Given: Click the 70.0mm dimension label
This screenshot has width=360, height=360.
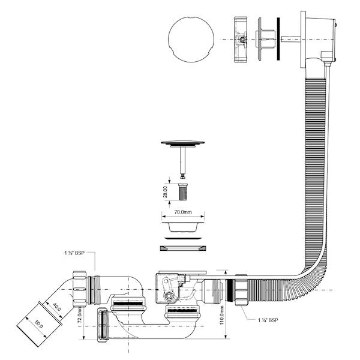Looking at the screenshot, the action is [x=183, y=212].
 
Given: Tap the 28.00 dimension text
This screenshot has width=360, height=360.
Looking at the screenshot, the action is [x=166, y=192].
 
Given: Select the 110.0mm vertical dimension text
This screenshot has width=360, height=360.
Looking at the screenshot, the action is [x=222, y=315].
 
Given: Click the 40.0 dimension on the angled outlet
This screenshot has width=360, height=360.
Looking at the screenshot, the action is [x=57, y=307].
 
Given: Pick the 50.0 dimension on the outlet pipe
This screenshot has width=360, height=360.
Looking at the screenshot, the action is [x=38, y=324].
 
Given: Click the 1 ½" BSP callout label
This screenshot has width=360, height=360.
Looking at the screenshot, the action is [x=74, y=253].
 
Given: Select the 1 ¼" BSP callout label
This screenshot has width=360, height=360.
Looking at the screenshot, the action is [x=268, y=320].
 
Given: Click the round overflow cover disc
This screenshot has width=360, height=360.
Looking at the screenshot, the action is [x=191, y=39].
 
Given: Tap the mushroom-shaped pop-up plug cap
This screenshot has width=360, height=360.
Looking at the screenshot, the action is [x=183, y=143].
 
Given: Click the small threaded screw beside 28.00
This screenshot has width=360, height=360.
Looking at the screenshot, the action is [x=183, y=192].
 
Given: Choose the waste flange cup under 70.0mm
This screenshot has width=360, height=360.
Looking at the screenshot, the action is [x=183, y=227].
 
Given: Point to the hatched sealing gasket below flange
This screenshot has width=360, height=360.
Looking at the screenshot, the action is [x=183, y=248].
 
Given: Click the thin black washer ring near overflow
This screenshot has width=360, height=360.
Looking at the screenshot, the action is [x=278, y=39].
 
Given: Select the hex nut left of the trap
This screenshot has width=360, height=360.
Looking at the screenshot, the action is [x=80, y=289].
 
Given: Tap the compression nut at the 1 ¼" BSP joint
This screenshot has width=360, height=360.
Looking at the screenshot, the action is [x=241, y=290].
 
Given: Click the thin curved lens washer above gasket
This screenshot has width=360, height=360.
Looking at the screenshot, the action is [x=183, y=238].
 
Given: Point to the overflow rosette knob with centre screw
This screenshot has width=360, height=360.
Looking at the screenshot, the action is [x=241, y=40].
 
